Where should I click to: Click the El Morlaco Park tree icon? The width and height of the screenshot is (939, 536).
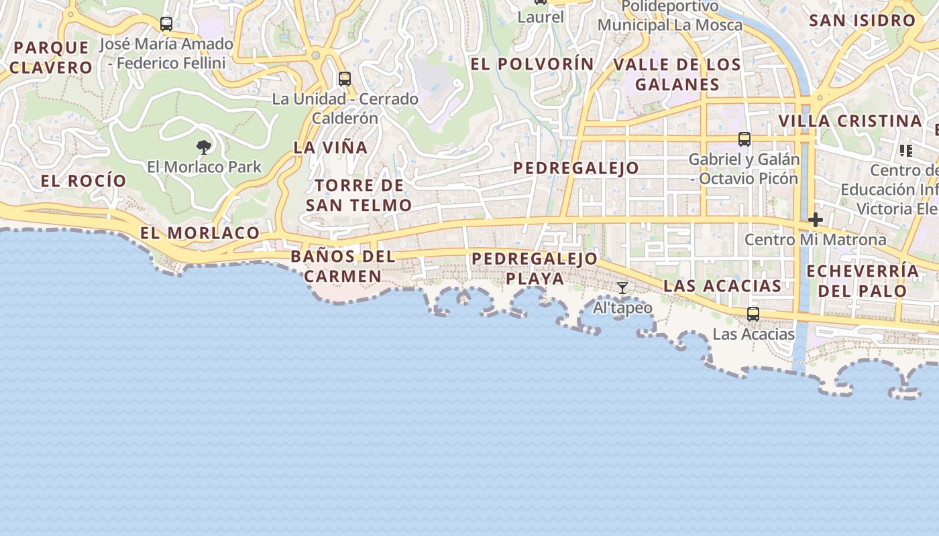(204, 147)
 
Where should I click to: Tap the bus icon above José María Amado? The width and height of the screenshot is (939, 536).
(166, 24)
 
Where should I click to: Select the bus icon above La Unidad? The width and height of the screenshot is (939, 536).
(345, 78)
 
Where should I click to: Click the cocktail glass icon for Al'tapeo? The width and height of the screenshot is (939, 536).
(622, 288)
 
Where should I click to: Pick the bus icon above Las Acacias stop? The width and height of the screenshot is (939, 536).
(753, 314)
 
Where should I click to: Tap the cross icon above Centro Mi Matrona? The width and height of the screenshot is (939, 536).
(816, 219)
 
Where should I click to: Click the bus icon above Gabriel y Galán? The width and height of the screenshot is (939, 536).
(744, 139)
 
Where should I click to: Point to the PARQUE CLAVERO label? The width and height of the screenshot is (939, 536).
(51, 57)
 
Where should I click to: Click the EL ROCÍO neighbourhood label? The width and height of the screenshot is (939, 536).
(83, 180)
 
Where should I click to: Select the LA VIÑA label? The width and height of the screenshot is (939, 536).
(331, 147)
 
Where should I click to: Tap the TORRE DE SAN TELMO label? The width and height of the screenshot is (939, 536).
(359, 195)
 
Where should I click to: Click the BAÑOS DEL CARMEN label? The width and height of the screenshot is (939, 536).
(343, 266)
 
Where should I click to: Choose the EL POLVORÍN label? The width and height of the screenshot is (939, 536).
(533, 64)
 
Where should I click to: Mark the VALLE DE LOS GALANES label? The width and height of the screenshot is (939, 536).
(677, 74)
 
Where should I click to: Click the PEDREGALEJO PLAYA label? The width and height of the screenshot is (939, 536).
(535, 268)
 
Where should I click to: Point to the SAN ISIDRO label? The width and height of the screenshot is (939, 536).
(863, 20)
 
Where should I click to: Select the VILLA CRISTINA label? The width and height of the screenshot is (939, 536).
(850, 121)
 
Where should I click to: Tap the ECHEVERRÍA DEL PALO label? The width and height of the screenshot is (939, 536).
(863, 281)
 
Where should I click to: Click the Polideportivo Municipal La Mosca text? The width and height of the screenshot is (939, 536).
(670, 16)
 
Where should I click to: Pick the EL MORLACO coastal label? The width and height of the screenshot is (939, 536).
(200, 232)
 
